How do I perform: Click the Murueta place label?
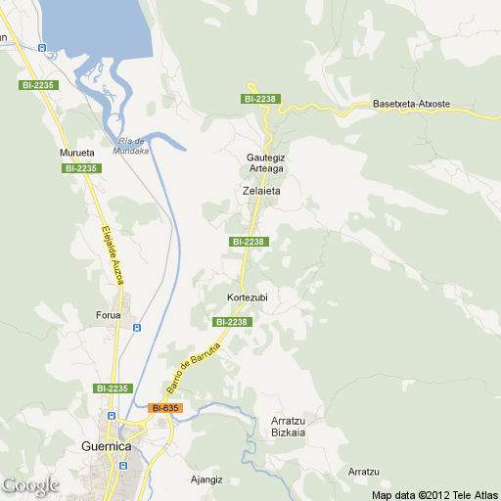click(76, 154)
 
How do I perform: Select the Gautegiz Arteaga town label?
click(265, 162)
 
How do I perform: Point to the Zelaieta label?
click(261, 191)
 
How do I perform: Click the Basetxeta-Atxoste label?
click(411, 104)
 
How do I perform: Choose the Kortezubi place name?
click(247, 297)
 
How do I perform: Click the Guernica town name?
click(106, 446)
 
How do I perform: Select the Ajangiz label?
click(208, 480)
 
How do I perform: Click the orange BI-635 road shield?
click(165, 407)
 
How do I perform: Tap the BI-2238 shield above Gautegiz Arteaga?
click(261, 99)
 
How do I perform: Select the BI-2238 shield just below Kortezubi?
click(233, 322)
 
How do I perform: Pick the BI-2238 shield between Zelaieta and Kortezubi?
click(248, 242)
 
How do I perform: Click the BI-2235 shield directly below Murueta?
click(81, 168)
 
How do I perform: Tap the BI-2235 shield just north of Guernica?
click(113, 388)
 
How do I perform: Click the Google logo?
click(30, 484)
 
